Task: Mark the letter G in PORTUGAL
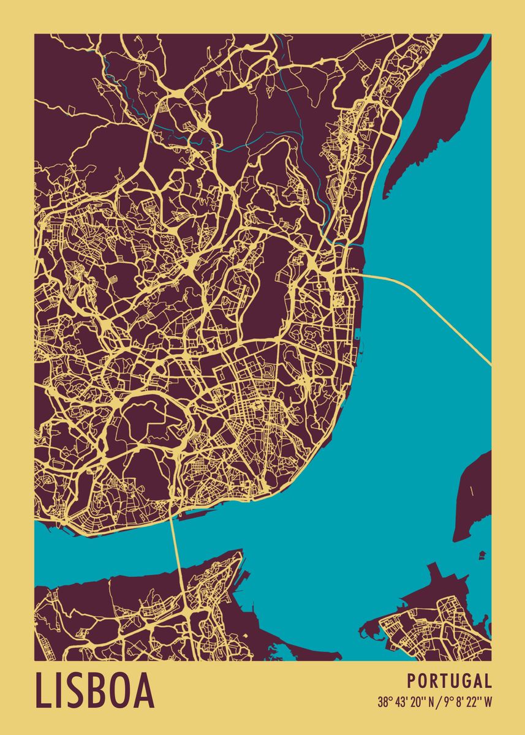464,681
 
